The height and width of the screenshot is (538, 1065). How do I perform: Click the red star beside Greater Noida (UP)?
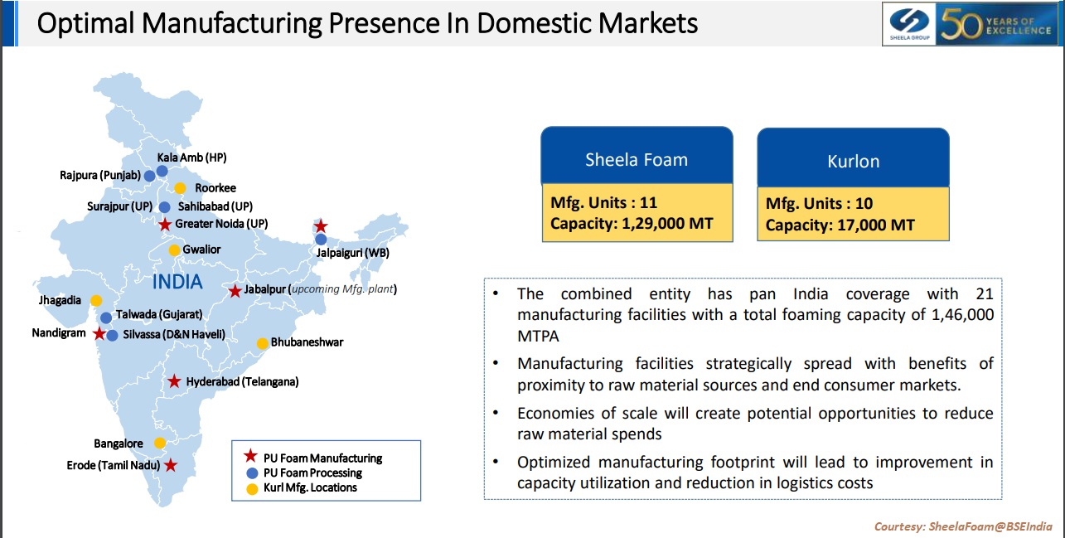pyautogui.click(x=165, y=224)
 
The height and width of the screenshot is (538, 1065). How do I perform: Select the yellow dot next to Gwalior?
pyautogui.click(x=174, y=250)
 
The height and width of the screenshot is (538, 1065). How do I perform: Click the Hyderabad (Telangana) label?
pyautogui.click(x=242, y=382)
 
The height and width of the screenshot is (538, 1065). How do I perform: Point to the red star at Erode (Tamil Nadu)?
pyautogui.click(x=170, y=466)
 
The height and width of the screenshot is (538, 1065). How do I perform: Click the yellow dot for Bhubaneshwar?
pyautogui.click(x=262, y=343)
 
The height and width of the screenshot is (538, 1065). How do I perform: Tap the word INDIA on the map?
pyautogui.click(x=177, y=282)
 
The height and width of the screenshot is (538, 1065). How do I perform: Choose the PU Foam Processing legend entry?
pyautogui.click(x=312, y=473)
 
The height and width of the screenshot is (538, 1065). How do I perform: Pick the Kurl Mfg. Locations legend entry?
pyautogui.click(x=309, y=487)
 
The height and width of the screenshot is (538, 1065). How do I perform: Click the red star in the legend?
pyautogui.click(x=250, y=457)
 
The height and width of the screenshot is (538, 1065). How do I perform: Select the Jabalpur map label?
pyautogui.click(x=266, y=289)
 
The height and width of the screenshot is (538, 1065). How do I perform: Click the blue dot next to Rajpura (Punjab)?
pyautogui.click(x=149, y=176)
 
